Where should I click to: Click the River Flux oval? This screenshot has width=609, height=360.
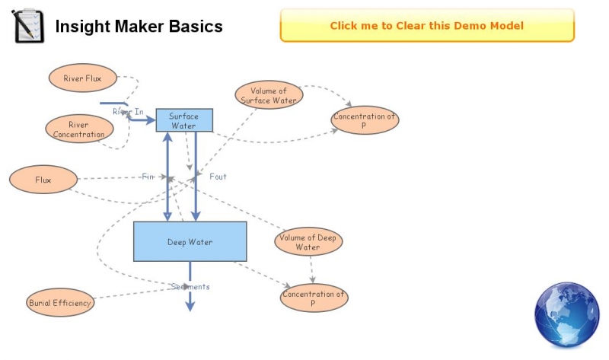[83, 77]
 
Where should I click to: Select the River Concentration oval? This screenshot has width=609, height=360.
[78, 129]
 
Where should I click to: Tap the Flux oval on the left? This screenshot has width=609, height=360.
[43, 180]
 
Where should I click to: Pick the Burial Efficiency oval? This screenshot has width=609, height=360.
[60, 302]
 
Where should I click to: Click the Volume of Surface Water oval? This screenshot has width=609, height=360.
[268, 95]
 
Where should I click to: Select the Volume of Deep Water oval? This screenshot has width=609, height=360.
[308, 242]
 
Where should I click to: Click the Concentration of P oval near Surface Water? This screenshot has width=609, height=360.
[365, 120]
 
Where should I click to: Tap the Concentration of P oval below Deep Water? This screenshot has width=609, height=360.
[314, 298]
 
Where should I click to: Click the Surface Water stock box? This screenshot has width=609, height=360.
[183, 120]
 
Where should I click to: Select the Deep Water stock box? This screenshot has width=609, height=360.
[190, 242]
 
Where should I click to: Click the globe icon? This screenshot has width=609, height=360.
[567, 314]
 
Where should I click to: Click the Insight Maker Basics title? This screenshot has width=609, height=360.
[139, 27]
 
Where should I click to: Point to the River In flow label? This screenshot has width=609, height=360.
[127, 112]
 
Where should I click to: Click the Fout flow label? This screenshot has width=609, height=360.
[218, 177]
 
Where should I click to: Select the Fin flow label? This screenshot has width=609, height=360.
[148, 177]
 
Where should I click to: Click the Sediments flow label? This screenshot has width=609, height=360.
[190, 287]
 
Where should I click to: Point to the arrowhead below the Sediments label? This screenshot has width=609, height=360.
[190, 306]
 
